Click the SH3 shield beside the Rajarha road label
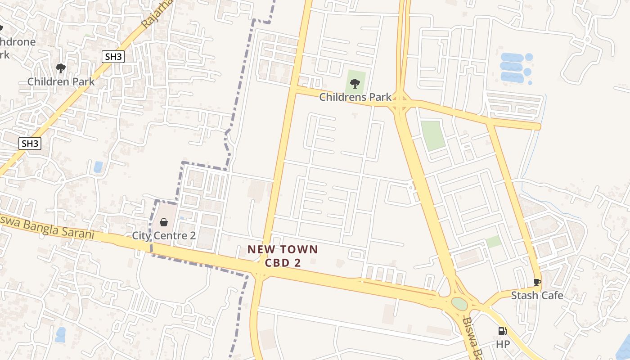click(x=112, y=56)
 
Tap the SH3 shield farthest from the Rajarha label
click(x=30, y=144)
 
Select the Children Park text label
click(x=61, y=81)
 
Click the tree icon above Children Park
click(x=61, y=68)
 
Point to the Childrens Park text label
click(x=355, y=97)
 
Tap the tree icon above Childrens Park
click(x=355, y=83)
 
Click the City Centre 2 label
click(x=164, y=235)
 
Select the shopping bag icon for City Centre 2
click(x=164, y=222)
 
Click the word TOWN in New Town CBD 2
click(x=300, y=249)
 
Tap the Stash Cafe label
click(x=537, y=296)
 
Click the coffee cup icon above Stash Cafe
click(x=537, y=282)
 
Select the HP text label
click(x=503, y=344)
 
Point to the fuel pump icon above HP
click(x=502, y=331)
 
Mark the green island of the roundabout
click(x=459, y=304)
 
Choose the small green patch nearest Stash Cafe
click(x=494, y=242)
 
